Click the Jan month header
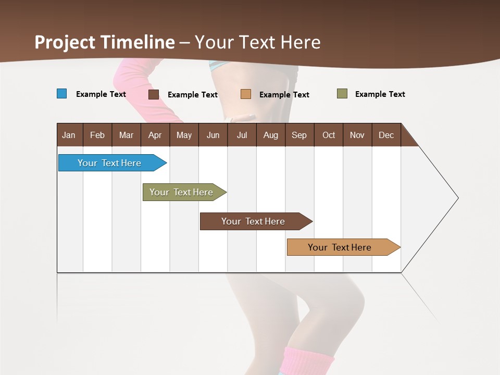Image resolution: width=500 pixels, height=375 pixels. [69, 135]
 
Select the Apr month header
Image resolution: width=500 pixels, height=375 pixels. [155, 135]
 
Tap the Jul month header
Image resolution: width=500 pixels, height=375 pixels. [242, 135]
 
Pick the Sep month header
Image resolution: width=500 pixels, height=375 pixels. [299, 135]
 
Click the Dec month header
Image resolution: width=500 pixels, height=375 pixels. [386, 135]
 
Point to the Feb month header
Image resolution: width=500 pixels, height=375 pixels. [97, 135]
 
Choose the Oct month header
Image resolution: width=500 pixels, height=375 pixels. [329, 135]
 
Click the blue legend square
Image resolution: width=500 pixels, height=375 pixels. [62, 94]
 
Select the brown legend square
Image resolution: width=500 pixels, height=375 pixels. [154, 94]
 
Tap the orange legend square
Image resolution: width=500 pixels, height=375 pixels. [246, 94]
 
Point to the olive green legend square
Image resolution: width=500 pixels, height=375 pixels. [342, 94]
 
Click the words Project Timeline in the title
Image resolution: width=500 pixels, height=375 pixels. [105, 42]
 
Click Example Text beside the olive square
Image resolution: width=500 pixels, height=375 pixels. [380, 94]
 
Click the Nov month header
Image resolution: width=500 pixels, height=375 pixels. [357, 135]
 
